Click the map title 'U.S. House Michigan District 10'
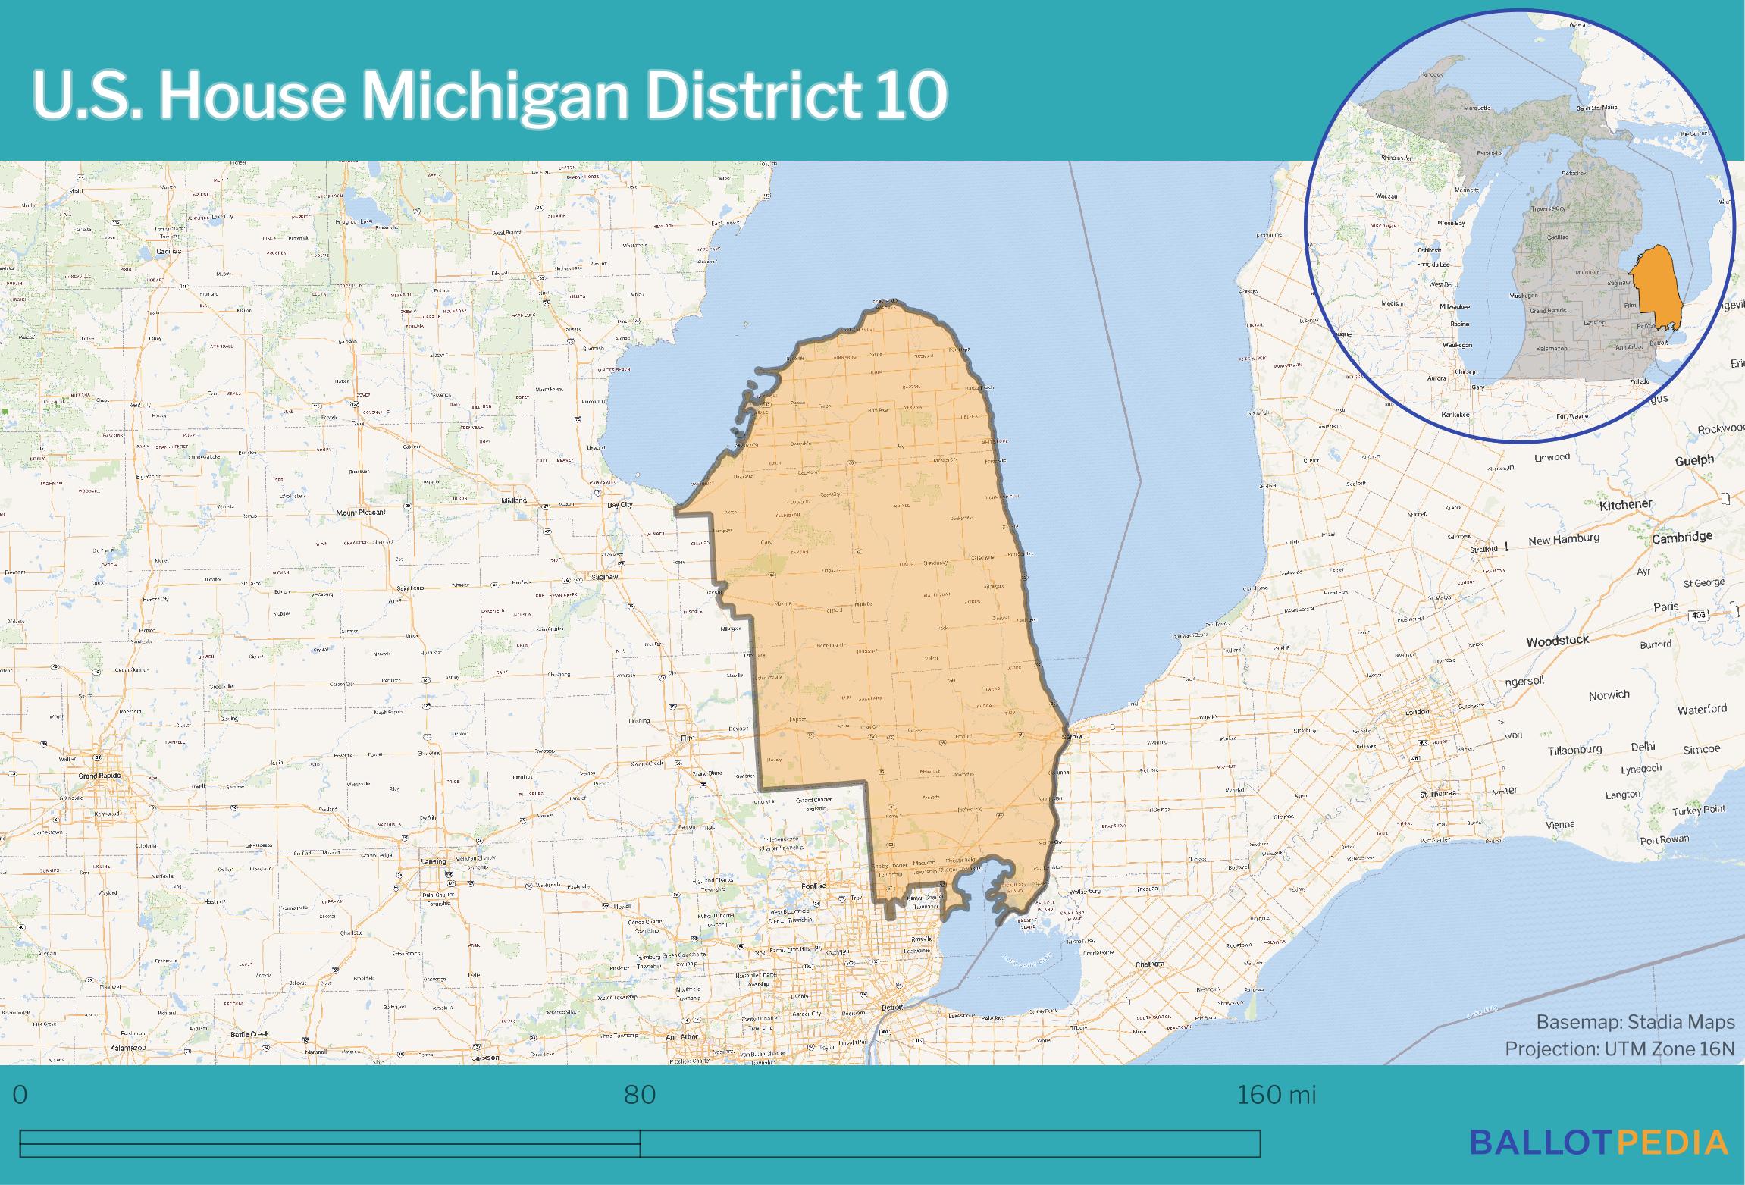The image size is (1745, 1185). [x=490, y=97]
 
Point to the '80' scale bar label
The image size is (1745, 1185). [x=640, y=1095]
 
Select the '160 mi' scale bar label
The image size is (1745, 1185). [x=1277, y=1095]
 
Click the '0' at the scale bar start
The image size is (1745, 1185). [x=20, y=1095]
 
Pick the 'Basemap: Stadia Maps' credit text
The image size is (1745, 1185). [x=1635, y=1022]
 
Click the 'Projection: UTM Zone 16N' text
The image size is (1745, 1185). [x=1619, y=1049]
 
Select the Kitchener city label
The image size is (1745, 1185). [x=1625, y=505]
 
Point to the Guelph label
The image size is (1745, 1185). [x=1693, y=461]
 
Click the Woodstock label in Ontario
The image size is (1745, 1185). [x=1557, y=641]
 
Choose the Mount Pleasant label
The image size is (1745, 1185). [x=360, y=513]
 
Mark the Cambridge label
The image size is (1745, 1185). [x=1682, y=537]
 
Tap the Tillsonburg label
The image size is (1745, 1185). [x=1574, y=750]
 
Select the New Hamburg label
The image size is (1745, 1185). [x=1563, y=539]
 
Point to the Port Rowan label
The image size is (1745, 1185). [x=1664, y=839]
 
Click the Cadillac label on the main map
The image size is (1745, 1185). [x=168, y=251]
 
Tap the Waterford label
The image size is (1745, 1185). [x=1702, y=710]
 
